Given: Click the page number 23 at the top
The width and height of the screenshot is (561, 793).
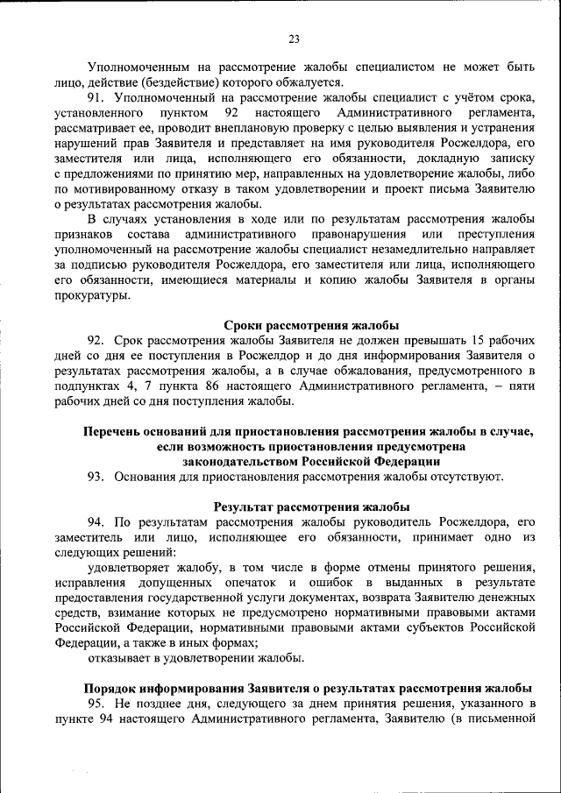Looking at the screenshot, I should [x=294, y=38].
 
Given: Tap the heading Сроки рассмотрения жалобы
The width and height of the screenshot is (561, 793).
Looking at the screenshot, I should [x=305, y=326].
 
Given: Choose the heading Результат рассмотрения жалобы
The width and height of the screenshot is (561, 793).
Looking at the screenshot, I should [x=311, y=507].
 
